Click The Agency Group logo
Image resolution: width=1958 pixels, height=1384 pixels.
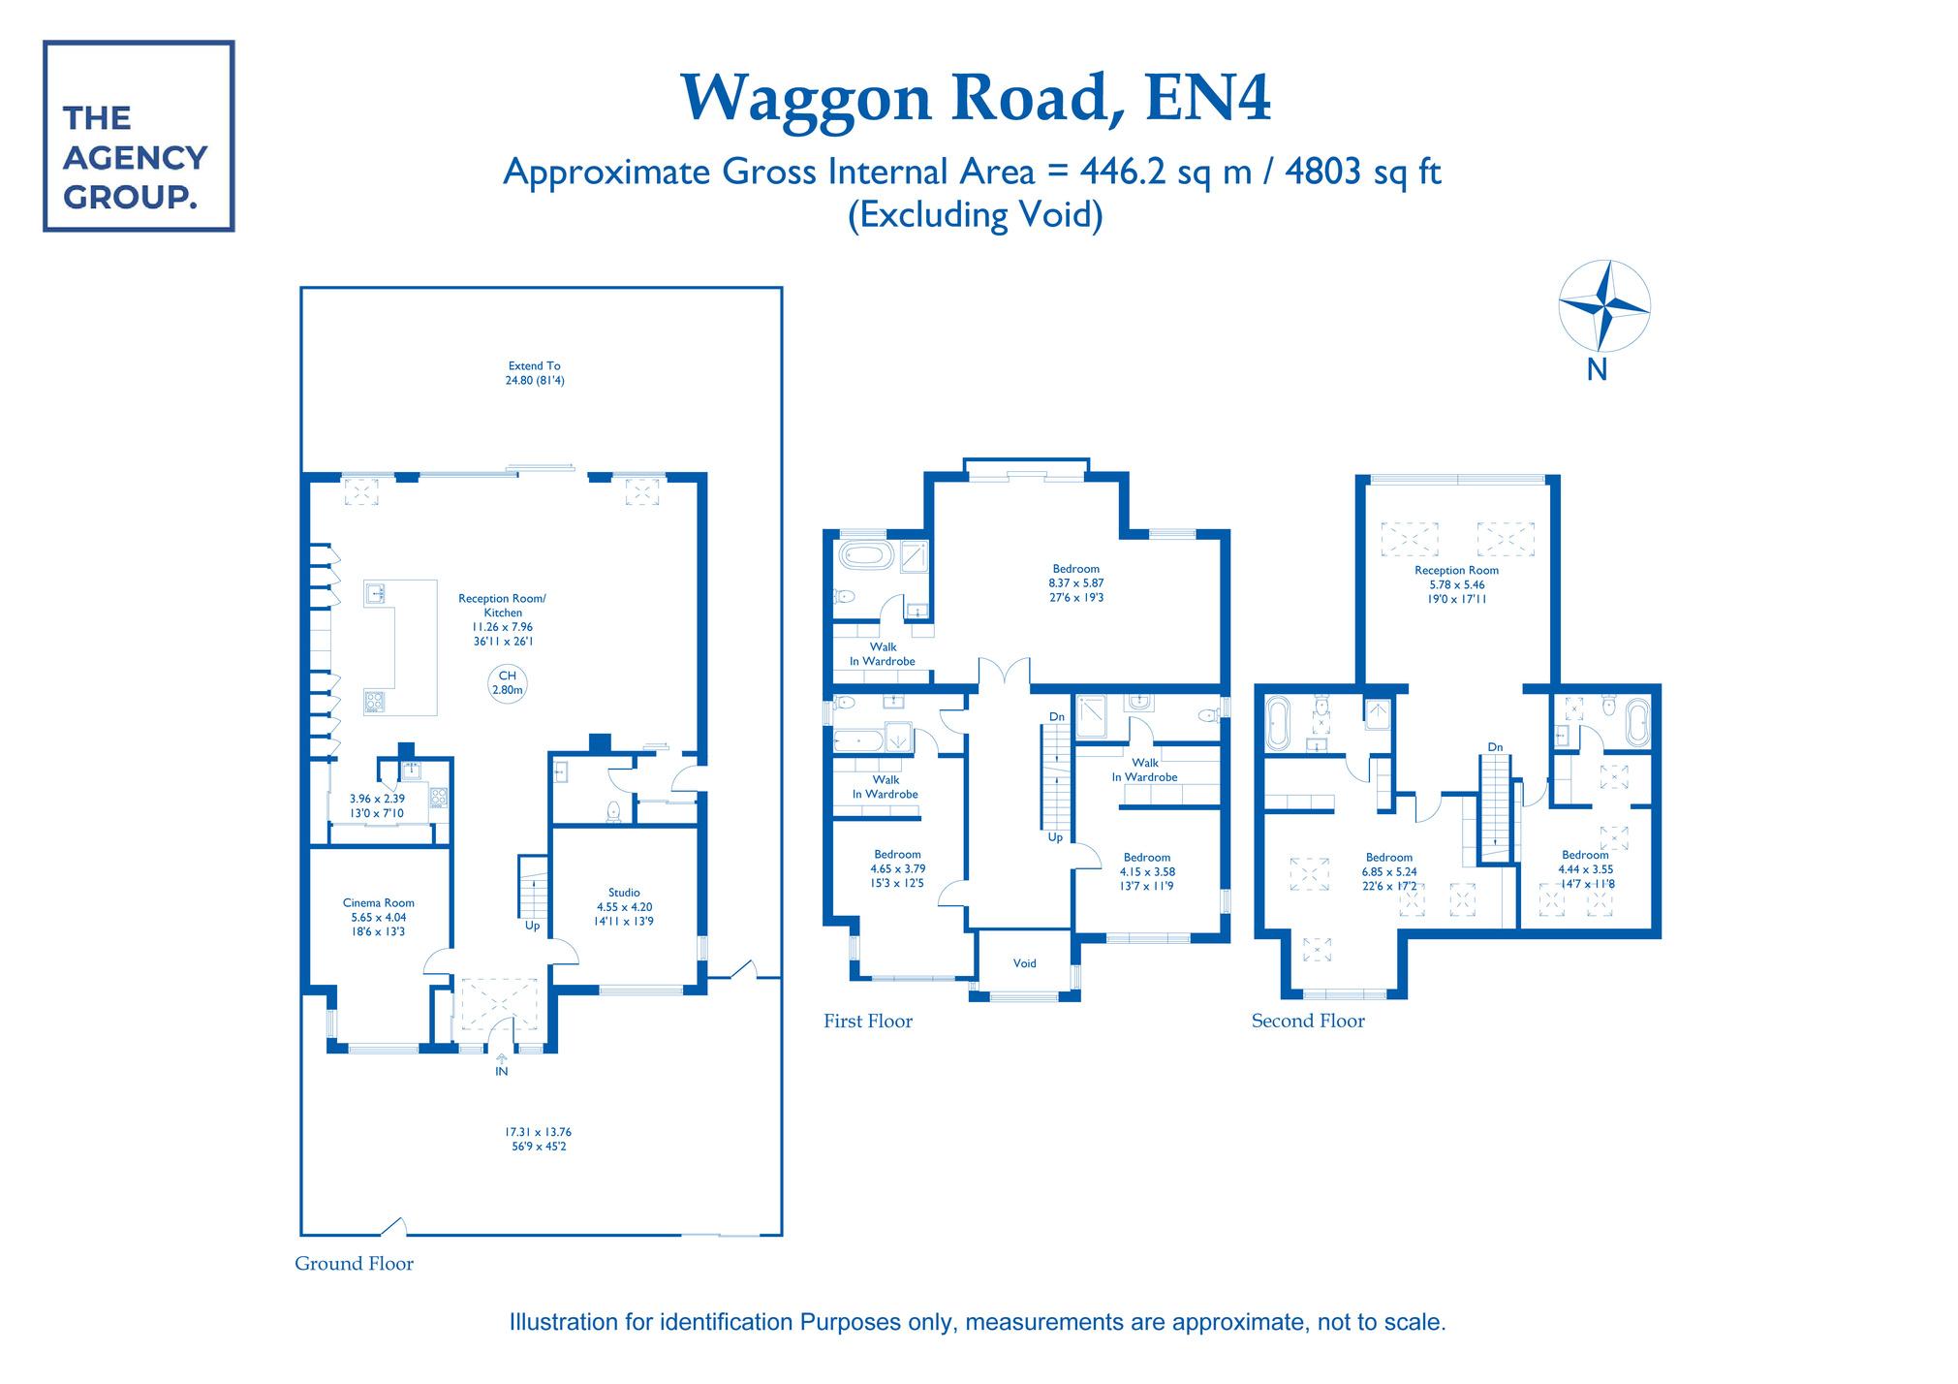click(139, 136)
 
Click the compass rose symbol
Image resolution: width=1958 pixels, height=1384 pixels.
click(1603, 306)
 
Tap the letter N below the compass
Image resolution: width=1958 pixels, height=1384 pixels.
click(1597, 370)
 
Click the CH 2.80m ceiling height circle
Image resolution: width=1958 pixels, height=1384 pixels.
click(507, 682)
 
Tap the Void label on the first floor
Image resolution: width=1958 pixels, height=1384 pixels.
click(1025, 963)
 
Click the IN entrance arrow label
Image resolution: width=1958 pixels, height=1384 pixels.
click(501, 1071)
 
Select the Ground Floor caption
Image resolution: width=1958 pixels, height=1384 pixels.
click(355, 1264)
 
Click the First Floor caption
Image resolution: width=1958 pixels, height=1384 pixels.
click(868, 1021)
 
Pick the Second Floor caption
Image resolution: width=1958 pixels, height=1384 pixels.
click(1308, 1021)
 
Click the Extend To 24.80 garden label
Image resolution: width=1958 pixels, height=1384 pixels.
click(535, 373)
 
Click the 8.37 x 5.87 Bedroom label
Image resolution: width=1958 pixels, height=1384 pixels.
click(1076, 583)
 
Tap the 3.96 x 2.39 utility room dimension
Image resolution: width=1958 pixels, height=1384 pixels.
click(377, 806)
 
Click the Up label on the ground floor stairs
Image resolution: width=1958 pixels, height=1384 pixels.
click(532, 926)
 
